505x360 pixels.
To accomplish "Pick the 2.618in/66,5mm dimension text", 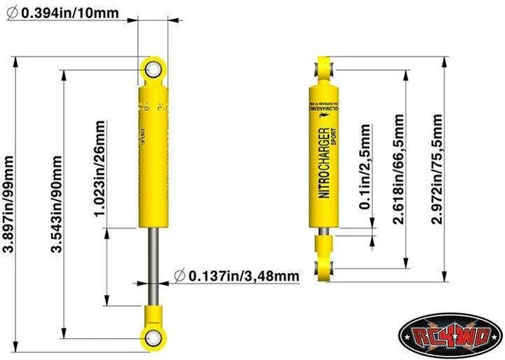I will (x=398, y=171).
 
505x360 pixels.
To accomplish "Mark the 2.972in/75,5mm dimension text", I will (x=438, y=169).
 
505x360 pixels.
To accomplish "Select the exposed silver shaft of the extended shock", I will (x=153, y=267).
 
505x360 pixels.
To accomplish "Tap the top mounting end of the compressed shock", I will (x=325, y=69).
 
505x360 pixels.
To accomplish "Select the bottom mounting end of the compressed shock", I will (x=325, y=267).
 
